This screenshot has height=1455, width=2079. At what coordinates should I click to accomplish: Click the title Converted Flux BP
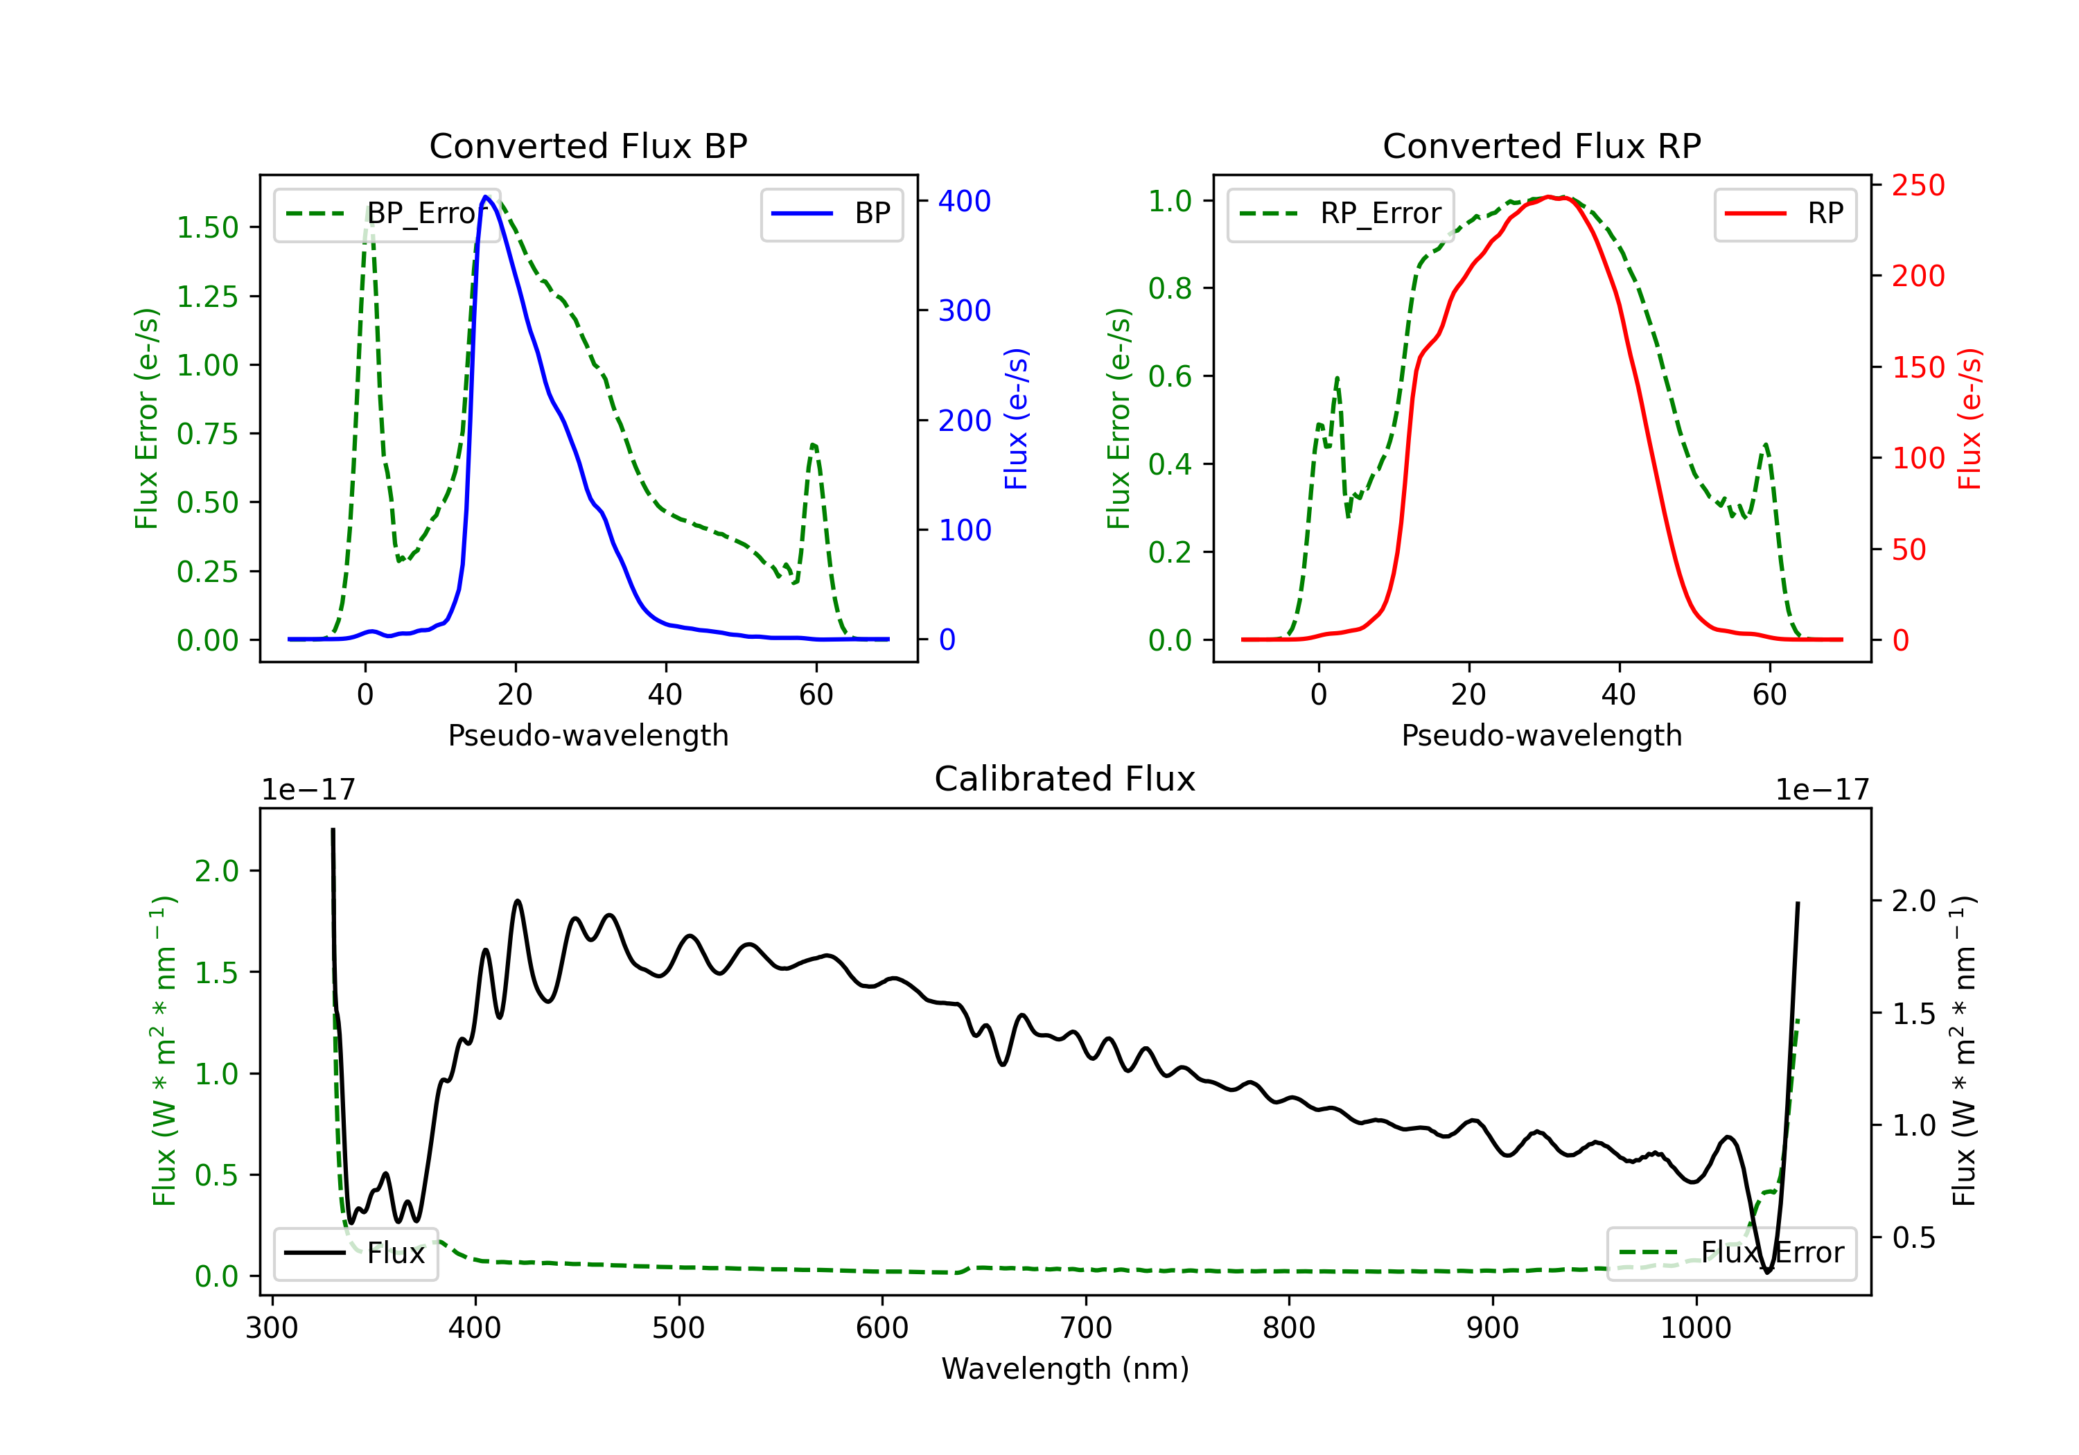tap(588, 145)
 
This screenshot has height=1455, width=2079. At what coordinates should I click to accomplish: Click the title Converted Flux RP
tap(1541, 145)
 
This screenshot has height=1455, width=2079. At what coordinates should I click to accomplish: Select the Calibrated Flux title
tap(1065, 779)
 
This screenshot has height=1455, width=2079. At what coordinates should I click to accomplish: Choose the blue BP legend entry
tap(831, 213)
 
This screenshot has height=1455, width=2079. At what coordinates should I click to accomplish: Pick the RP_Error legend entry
tap(1340, 213)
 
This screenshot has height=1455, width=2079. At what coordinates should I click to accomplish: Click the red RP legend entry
tap(1784, 213)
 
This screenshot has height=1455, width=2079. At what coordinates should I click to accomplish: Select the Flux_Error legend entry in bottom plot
tap(1731, 1253)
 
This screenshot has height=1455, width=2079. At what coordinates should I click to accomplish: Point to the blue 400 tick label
tap(965, 201)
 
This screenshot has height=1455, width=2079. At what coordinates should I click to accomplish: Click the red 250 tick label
tap(1918, 186)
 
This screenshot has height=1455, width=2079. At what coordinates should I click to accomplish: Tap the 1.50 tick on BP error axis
tap(207, 227)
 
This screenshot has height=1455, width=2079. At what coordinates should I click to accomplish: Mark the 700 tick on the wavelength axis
tap(1086, 1328)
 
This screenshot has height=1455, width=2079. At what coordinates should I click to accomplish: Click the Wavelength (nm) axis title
tap(1065, 1368)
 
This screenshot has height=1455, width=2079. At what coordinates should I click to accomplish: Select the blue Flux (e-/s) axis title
tap(1017, 419)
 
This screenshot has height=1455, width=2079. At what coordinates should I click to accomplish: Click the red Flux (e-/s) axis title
tap(1970, 419)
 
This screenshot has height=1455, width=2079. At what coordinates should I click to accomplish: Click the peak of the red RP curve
tap(1550, 197)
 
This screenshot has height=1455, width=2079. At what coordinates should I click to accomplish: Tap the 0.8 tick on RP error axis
tap(1170, 288)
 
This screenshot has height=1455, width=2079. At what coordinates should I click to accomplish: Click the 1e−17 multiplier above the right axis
tap(1822, 791)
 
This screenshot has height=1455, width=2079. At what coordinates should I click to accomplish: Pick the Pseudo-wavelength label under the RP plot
tap(1541, 735)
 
